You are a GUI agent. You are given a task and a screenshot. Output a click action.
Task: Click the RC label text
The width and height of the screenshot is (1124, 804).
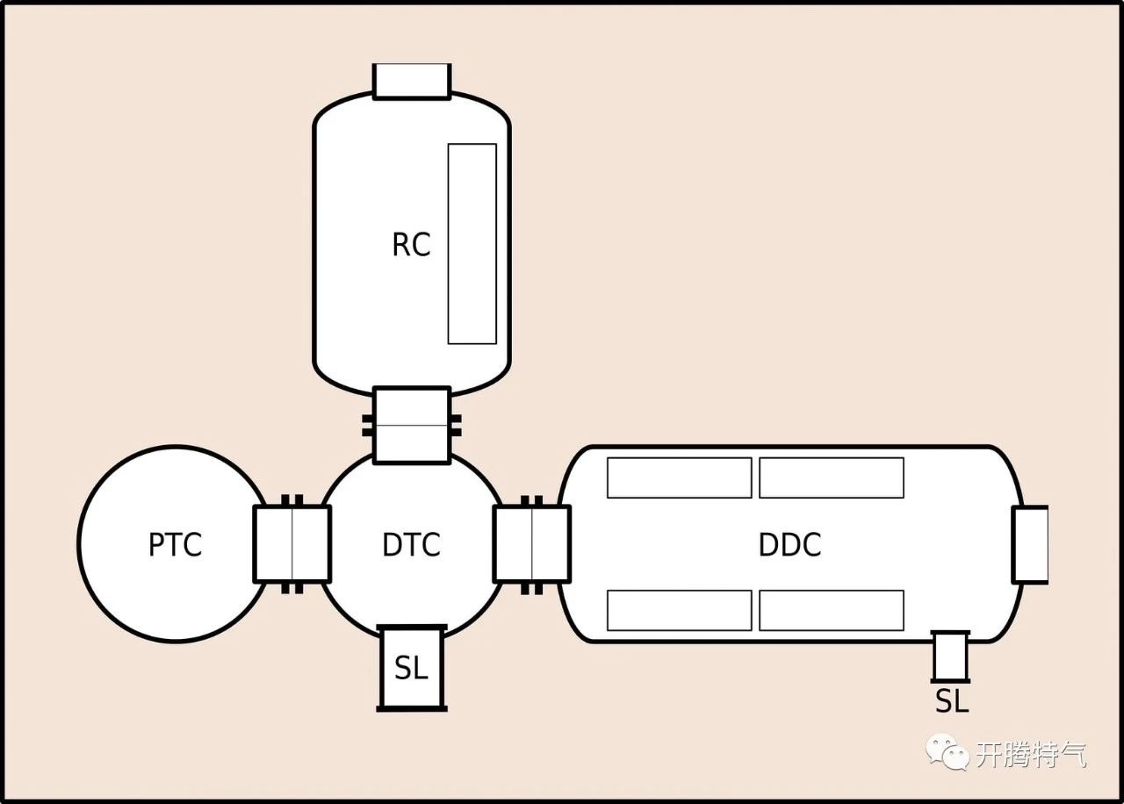411,245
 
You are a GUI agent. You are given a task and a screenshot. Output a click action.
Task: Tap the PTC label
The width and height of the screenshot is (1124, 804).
175,545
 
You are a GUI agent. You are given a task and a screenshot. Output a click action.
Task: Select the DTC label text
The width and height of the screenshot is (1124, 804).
411,545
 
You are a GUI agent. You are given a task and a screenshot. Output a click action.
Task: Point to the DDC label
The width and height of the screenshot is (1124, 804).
789,545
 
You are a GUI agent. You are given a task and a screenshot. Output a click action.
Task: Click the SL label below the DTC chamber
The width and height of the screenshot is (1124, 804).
411,669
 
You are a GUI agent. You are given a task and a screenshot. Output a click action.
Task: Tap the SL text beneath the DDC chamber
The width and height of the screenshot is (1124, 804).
951,701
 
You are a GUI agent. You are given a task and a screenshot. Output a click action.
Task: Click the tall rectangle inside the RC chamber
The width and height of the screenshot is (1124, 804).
472,244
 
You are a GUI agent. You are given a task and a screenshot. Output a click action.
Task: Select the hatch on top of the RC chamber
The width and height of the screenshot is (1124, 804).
411,81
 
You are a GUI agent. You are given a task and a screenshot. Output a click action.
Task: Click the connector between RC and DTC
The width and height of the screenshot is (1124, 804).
411,426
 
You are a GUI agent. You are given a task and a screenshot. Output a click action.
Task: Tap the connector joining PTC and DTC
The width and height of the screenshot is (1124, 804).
292,544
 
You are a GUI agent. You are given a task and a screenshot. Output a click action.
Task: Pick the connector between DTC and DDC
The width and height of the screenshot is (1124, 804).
531,544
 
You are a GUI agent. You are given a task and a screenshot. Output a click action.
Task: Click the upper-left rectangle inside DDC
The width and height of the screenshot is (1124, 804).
679,477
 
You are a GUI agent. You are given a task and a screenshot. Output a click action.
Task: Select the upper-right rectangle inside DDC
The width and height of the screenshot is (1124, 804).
831,477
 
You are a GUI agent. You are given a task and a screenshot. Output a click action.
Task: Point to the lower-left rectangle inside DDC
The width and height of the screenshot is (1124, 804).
679,610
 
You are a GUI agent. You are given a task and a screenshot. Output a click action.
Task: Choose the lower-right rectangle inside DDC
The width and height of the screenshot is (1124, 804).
831,610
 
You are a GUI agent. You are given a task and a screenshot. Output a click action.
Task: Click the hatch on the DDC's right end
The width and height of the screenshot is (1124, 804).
1030,544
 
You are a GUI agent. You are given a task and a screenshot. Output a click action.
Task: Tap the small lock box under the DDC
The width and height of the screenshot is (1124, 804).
949,657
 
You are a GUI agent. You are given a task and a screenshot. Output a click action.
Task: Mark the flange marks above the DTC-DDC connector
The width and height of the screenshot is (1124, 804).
531,500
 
